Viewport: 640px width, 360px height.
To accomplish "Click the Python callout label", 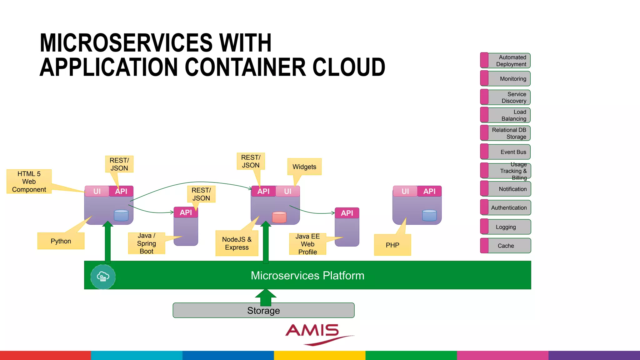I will (x=61, y=241).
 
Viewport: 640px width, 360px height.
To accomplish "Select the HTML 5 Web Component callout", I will (x=29, y=182).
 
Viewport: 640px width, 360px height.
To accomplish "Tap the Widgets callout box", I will (x=304, y=167).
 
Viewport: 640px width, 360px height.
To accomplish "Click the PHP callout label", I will (x=392, y=245).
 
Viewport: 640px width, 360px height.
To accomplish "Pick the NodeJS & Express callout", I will (x=237, y=243).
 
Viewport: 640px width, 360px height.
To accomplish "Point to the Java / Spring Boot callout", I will (x=147, y=243).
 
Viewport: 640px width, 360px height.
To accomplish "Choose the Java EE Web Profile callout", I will (x=308, y=244).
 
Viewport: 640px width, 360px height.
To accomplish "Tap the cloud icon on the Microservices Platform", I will (x=103, y=277).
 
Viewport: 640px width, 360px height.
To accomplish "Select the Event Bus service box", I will (x=506, y=152).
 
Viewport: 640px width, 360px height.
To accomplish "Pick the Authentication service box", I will (x=506, y=207).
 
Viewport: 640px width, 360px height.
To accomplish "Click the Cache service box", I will (x=506, y=246).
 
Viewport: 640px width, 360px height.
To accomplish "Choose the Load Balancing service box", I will (x=506, y=115).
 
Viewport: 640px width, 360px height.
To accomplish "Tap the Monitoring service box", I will (x=506, y=79).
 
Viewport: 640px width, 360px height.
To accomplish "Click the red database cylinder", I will (x=279, y=217).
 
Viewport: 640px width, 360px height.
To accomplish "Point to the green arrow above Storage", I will (x=266, y=297).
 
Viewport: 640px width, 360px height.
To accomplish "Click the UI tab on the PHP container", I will (x=405, y=191).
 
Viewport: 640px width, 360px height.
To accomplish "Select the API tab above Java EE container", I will (x=347, y=213).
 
